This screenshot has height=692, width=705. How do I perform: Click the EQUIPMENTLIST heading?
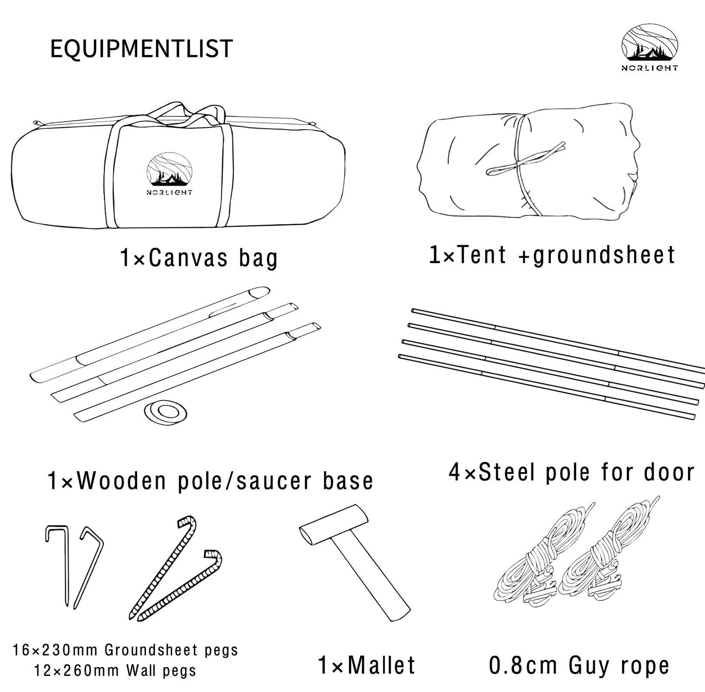pos(141,49)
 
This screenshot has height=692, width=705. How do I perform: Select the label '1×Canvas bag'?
pos(199,258)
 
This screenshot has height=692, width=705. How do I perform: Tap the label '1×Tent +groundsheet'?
pos(552,255)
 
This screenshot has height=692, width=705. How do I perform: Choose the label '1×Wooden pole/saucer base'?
pos(210,481)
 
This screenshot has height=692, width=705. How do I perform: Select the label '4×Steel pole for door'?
pos(571,472)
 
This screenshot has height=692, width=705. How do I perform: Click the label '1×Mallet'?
pos(366,665)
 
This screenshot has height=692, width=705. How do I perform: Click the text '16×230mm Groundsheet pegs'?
pos(125,650)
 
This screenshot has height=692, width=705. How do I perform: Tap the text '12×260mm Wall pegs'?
pos(115,671)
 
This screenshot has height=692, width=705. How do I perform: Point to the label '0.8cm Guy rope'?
pos(579,666)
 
